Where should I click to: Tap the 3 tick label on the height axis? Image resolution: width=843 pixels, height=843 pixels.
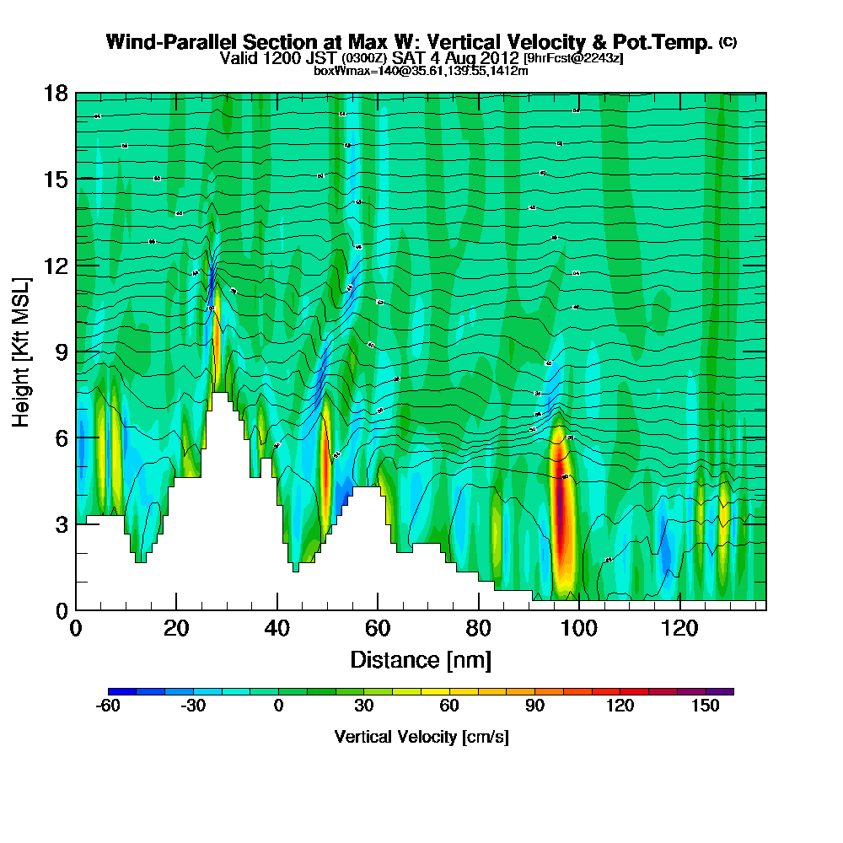(56, 524)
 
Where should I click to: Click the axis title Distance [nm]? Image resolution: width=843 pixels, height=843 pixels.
(420, 659)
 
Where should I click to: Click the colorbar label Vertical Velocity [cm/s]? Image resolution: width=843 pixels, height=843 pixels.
(421, 737)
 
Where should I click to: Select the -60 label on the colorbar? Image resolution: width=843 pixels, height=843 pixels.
(108, 706)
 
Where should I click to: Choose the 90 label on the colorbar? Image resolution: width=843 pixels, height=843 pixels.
(534, 706)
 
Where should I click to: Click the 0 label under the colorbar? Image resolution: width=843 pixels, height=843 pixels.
(279, 706)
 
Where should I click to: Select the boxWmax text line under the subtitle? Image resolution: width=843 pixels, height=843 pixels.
(421, 71)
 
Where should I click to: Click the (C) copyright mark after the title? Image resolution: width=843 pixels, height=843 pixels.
(728, 42)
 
